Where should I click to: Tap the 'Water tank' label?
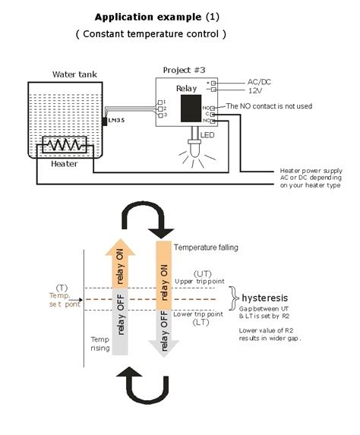click(x=74, y=74)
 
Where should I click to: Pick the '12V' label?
click(x=256, y=90)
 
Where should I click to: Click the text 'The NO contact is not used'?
click(x=269, y=106)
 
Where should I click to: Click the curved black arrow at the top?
click(x=150, y=219)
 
